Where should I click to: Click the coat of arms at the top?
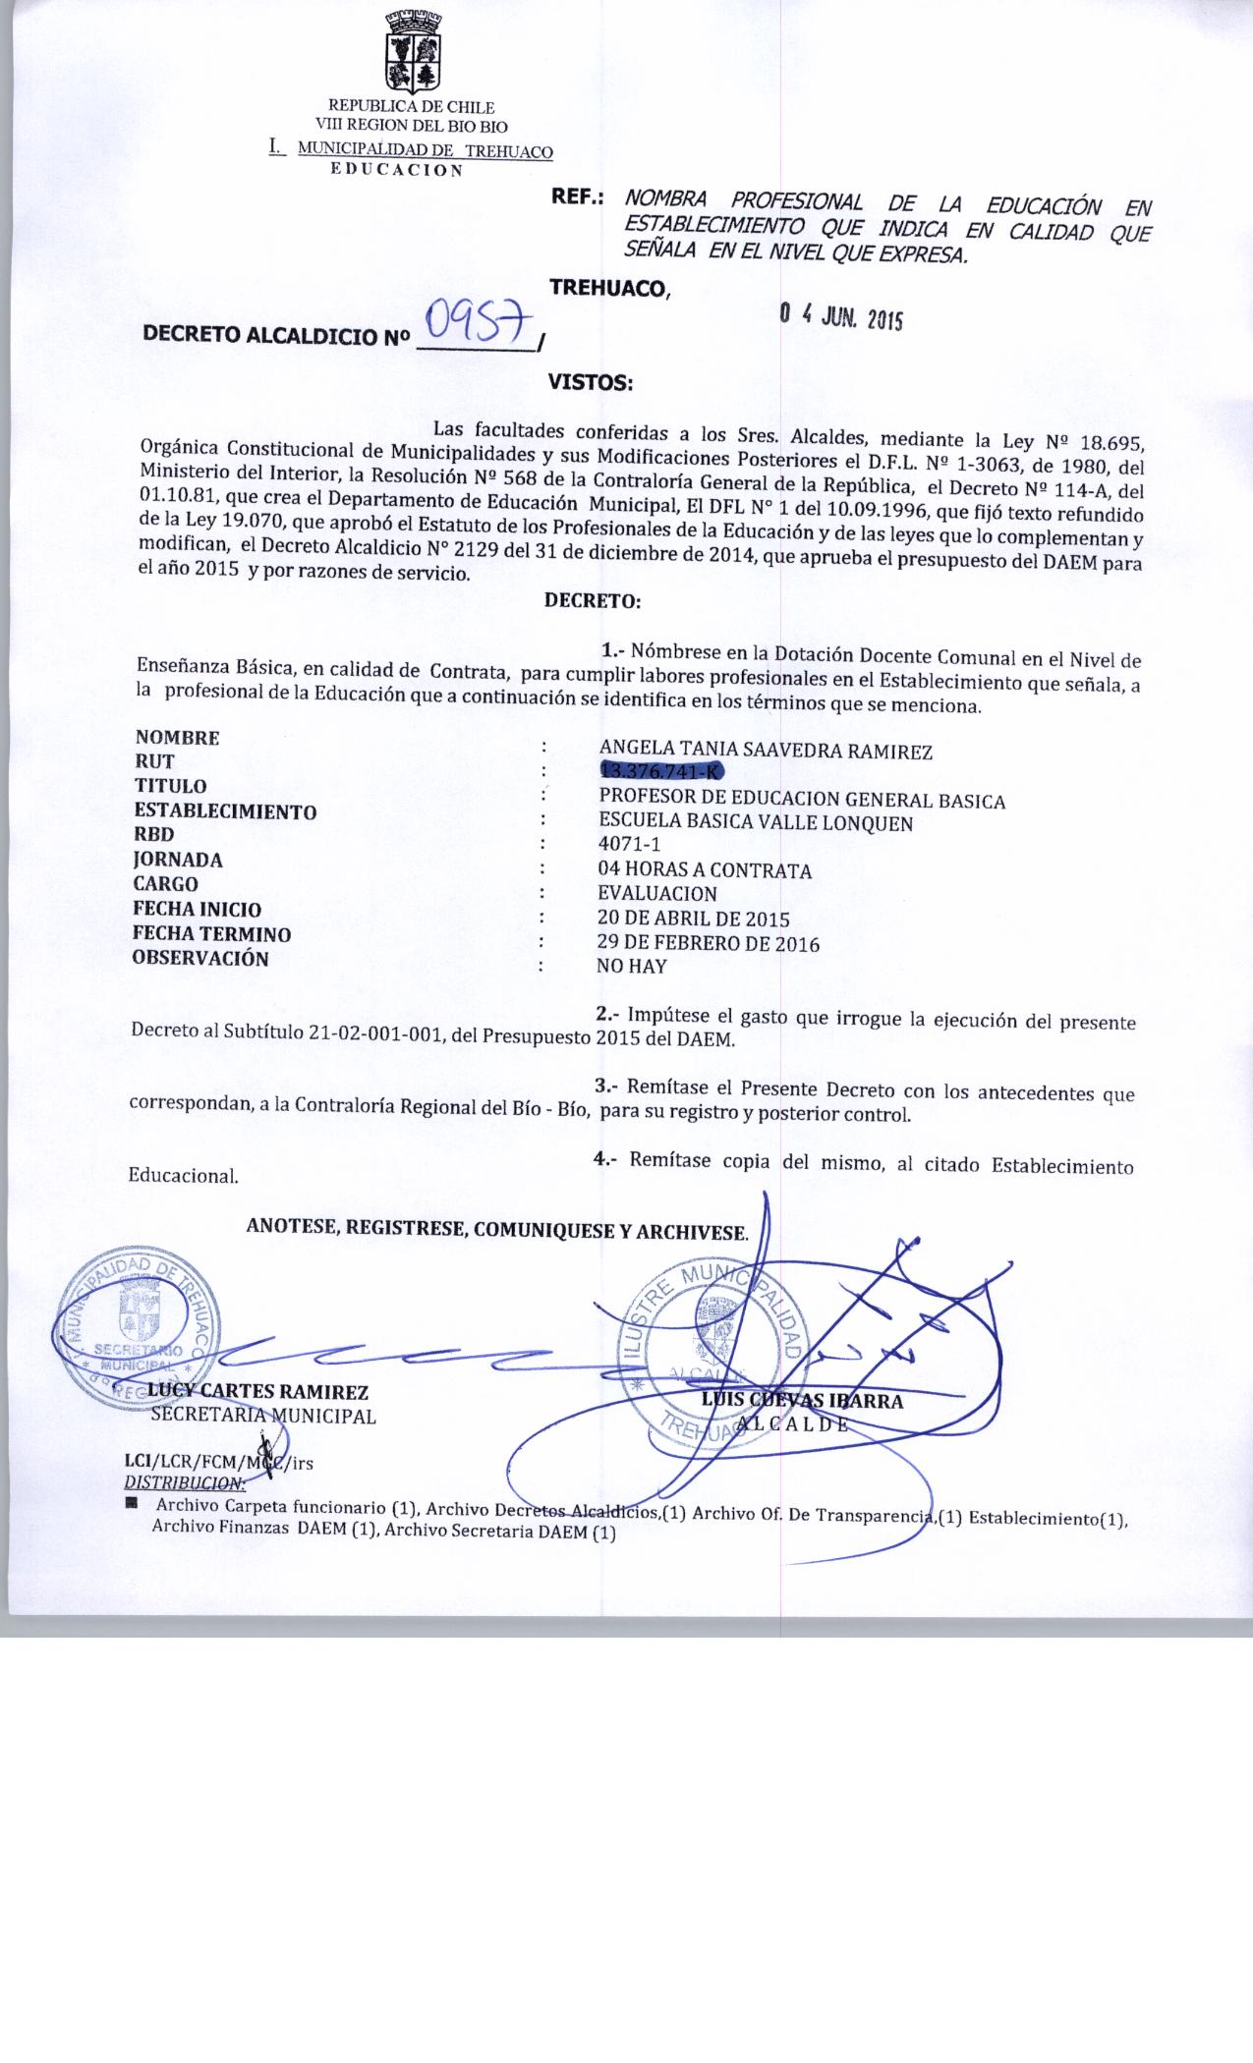412,49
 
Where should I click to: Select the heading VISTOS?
590,383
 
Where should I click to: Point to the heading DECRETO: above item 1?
593,599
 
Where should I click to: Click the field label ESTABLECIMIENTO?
225,811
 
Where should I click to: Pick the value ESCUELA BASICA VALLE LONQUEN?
755,823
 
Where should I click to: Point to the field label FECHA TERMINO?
211,934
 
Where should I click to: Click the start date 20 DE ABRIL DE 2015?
694,920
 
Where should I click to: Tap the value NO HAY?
632,966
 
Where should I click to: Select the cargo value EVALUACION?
657,894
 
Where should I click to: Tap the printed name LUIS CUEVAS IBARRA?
802,1401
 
